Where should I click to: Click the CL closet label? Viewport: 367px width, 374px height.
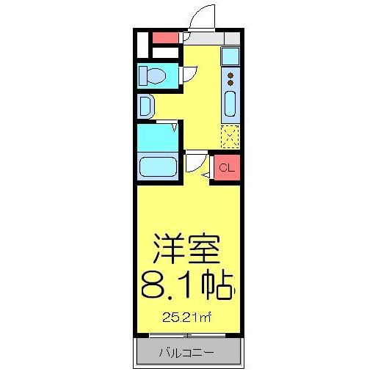(x=227, y=168)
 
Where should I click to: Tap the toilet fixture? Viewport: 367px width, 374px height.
(x=155, y=76)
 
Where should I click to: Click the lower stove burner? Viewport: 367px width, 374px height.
(x=230, y=82)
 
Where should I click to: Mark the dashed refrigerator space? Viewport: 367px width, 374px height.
(x=230, y=136)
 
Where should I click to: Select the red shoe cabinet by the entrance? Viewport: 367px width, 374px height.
(x=165, y=37)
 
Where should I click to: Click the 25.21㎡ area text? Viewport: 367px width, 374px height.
(x=187, y=318)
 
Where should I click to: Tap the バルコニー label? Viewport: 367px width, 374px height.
(x=187, y=353)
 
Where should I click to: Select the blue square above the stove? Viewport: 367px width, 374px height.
(x=230, y=55)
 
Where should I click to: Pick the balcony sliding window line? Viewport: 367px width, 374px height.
(x=187, y=336)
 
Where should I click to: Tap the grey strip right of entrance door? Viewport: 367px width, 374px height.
(x=231, y=37)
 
